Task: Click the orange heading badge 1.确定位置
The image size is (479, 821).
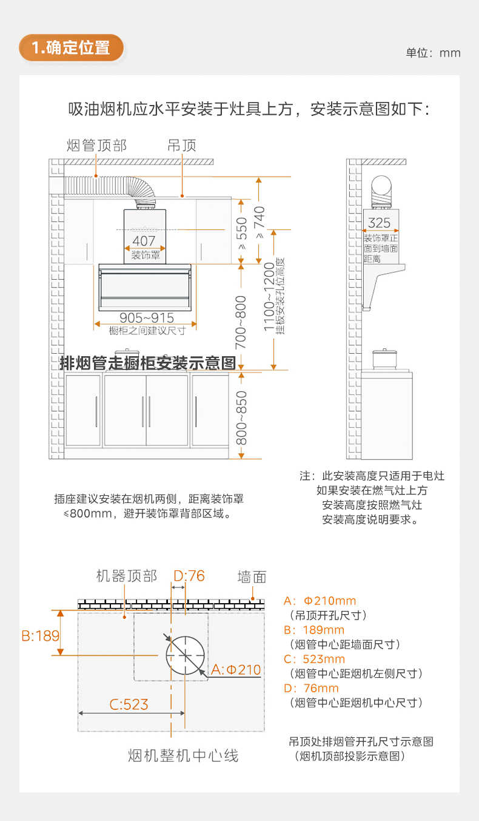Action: [72, 47]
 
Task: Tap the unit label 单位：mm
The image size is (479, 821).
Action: [433, 53]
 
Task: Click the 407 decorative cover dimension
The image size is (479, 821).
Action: [144, 241]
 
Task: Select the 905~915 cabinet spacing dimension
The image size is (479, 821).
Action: [146, 318]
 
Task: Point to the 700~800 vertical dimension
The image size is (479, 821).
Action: [241, 322]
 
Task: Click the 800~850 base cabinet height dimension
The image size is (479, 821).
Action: [241, 417]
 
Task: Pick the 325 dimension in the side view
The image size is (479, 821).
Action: [380, 223]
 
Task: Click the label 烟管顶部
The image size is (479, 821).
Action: [96, 146]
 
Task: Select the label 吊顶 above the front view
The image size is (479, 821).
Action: [182, 146]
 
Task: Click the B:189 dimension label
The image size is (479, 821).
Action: [41, 635]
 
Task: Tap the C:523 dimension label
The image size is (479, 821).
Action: [129, 704]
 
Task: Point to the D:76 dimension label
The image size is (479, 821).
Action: [189, 575]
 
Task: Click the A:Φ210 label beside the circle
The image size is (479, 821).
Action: [236, 670]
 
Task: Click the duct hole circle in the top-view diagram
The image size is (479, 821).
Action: [185, 656]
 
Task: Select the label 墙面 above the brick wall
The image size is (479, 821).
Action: [252, 576]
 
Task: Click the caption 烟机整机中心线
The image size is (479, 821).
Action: [183, 755]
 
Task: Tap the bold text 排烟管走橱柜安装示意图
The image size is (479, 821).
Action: [147, 363]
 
